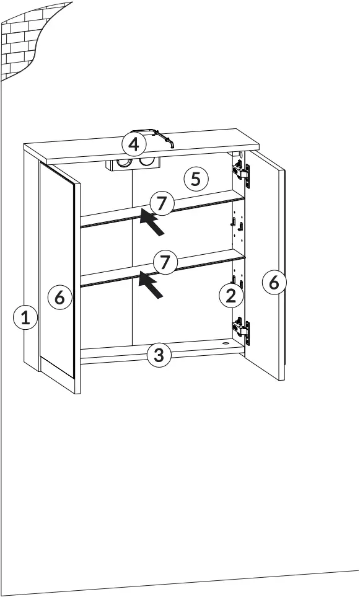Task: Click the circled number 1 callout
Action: point(25,319)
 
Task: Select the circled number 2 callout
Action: point(230,296)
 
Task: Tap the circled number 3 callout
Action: point(159,355)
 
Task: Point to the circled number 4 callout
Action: point(134,144)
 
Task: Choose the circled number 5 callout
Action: point(196,179)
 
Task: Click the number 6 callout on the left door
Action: point(59,298)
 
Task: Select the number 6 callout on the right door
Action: point(274,283)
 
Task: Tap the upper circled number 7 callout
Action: point(161,203)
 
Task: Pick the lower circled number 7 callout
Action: point(164,262)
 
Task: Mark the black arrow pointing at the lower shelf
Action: point(151,286)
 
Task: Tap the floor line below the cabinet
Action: point(180,583)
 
